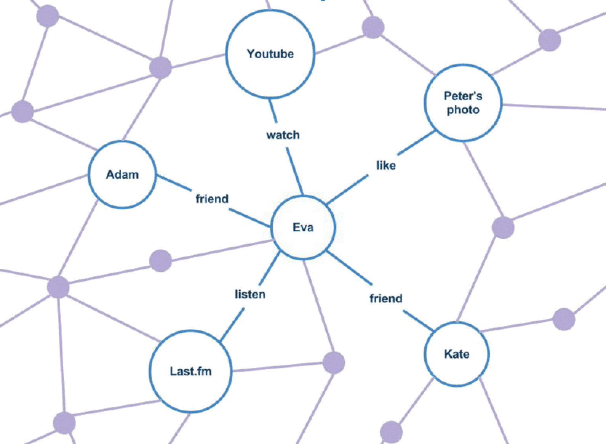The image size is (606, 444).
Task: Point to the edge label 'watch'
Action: tap(283, 135)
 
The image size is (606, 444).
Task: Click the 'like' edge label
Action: tap(386, 165)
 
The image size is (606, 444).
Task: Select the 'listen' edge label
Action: tap(250, 294)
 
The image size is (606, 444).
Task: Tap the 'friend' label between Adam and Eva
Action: tap(212, 199)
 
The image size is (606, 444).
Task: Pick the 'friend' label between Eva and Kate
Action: tap(386, 298)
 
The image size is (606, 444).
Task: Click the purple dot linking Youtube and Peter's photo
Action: tap(373, 27)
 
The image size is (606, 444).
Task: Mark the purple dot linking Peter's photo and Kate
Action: tap(503, 228)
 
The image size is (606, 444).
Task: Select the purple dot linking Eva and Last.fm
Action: tap(334, 363)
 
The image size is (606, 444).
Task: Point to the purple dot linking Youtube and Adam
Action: tap(161, 67)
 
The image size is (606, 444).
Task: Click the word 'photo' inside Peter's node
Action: tap(463, 110)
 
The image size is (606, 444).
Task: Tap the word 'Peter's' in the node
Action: tap(463, 96)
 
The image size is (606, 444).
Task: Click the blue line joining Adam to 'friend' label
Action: tap(174, 183)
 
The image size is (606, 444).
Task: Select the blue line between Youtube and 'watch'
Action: tap(273, 111)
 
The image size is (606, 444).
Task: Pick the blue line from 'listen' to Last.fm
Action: tap(232, 324)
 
